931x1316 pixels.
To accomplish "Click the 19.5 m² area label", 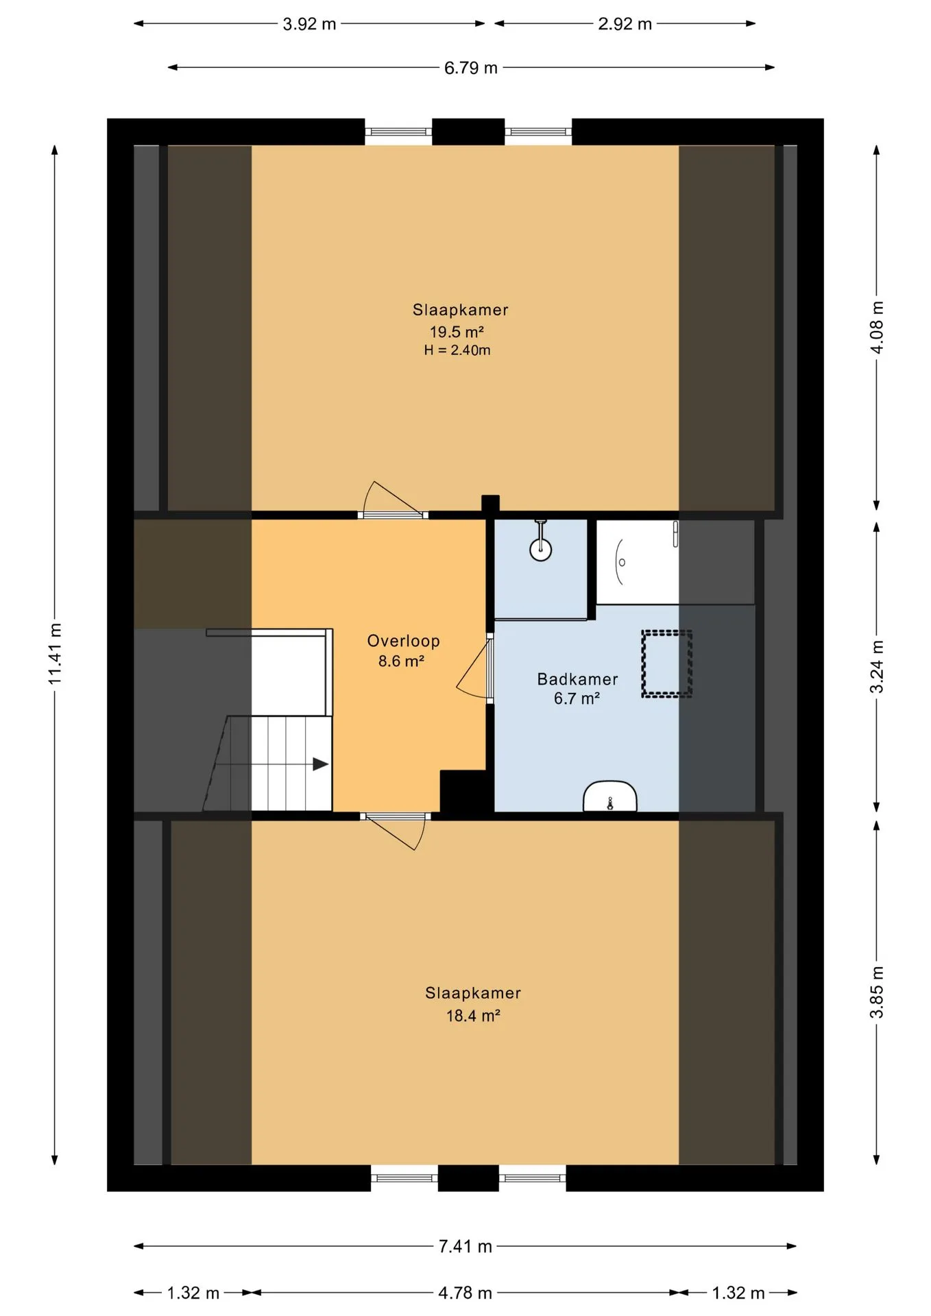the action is (x=457, y=332).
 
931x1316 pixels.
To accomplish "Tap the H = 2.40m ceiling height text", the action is (x=457, y=350).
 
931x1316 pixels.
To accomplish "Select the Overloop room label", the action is (x=403, y=641).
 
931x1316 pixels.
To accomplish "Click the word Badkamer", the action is (x=577, y=679).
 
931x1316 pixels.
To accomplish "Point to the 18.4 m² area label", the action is (x=473, y=1016).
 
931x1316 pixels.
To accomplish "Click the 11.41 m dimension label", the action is (x=56, y=653).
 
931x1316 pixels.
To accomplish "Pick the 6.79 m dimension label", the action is (x=471, y=68).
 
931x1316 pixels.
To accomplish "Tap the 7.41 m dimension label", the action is (x=465, y=1246).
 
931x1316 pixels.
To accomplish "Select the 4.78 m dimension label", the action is (x=465, y=1293).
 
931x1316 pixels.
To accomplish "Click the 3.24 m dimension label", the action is (x=877, y=667).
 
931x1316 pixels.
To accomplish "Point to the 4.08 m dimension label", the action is (x=877, y=328).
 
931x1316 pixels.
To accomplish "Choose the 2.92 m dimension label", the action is (x=625, y=24).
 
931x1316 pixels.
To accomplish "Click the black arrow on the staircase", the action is (x=320, y=764).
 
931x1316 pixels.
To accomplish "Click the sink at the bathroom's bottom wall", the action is (x=610, y=796).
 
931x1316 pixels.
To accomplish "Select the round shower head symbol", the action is (x=541, y=548).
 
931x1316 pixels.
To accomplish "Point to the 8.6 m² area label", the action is (x=401, y=661).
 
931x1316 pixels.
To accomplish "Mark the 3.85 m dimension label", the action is (x=877, y=992).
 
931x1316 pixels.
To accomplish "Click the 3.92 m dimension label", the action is (x=309, y=24).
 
